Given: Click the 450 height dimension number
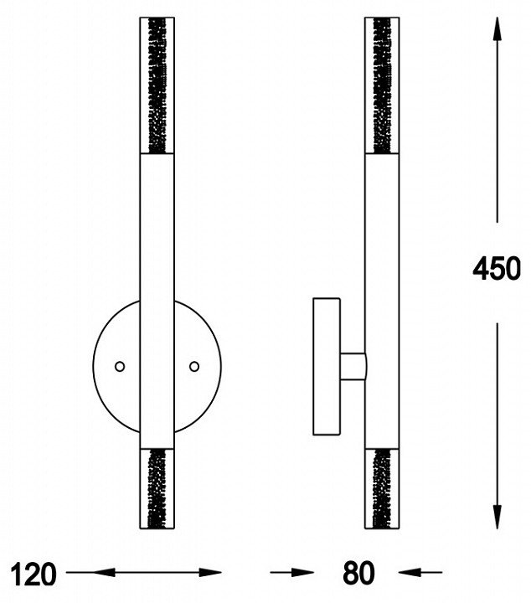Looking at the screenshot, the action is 497,268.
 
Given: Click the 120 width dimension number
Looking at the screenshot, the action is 33,575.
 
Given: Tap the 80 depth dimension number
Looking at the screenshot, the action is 358,573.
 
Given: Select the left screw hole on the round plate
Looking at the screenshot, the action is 120,367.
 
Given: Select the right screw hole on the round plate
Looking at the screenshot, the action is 194,367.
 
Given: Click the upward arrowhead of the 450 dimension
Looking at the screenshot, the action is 497,28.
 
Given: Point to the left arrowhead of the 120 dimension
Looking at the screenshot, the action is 104,572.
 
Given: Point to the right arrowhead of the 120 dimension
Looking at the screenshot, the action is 210,572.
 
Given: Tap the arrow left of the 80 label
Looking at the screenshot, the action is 292,573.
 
